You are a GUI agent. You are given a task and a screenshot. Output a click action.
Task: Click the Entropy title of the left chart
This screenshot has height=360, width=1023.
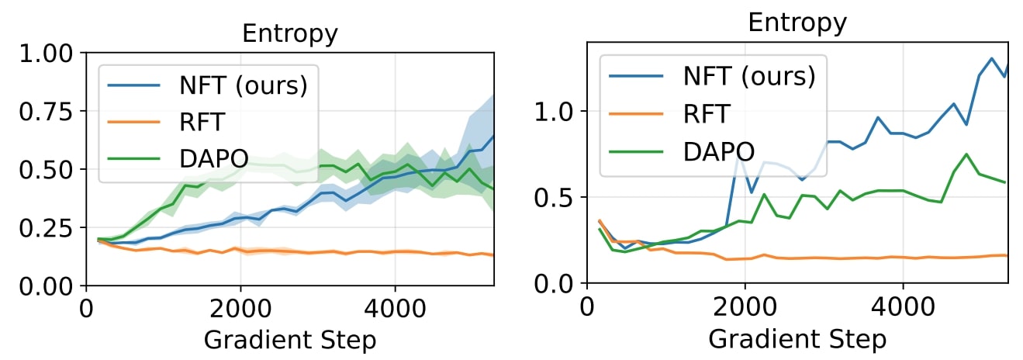(290, 33)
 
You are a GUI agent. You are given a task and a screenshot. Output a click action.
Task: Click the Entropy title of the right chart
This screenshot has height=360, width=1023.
(797, 22)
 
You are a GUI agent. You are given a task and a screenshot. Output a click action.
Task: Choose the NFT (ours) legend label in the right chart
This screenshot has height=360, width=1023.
(749, 76)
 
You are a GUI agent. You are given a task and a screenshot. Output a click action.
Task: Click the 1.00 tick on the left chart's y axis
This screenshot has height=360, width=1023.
(46, 54)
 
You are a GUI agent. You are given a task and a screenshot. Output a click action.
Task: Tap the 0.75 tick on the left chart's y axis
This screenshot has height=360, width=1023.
(46, 111)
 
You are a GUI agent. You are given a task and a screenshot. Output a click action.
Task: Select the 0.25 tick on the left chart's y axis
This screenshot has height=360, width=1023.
(46, 228)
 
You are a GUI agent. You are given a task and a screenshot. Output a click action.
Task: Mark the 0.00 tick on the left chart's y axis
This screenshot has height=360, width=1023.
(46, 286)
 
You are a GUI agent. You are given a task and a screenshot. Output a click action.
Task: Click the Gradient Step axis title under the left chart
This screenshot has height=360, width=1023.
(290, 340)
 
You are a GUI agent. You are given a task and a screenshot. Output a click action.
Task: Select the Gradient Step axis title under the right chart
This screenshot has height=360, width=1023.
(797, 338)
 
